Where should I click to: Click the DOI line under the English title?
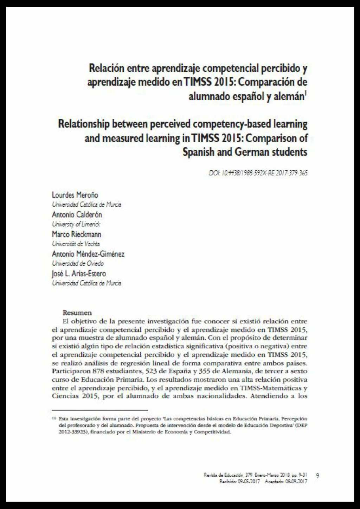click(258, 173)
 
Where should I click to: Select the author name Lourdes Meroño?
click(75, 195)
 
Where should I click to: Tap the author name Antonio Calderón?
click(77, 214)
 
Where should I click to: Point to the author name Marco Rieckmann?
click(76, 234)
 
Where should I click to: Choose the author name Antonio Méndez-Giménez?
click(88, 254)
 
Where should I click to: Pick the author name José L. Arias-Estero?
click(79, 273)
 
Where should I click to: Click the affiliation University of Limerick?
click(76, 224)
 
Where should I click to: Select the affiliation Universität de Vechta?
click(76, 244)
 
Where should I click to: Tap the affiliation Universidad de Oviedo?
click(78, 263)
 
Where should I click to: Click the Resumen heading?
click(77, 313)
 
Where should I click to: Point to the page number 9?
click(318, 476)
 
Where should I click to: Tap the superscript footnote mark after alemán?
click(306, 94)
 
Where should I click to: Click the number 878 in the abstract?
click(99, 371)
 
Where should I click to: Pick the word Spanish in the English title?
click(198, 152)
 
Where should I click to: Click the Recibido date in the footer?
click(240, 482)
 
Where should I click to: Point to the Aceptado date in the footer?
click(286, 482)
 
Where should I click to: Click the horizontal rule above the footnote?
click(100, 410)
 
